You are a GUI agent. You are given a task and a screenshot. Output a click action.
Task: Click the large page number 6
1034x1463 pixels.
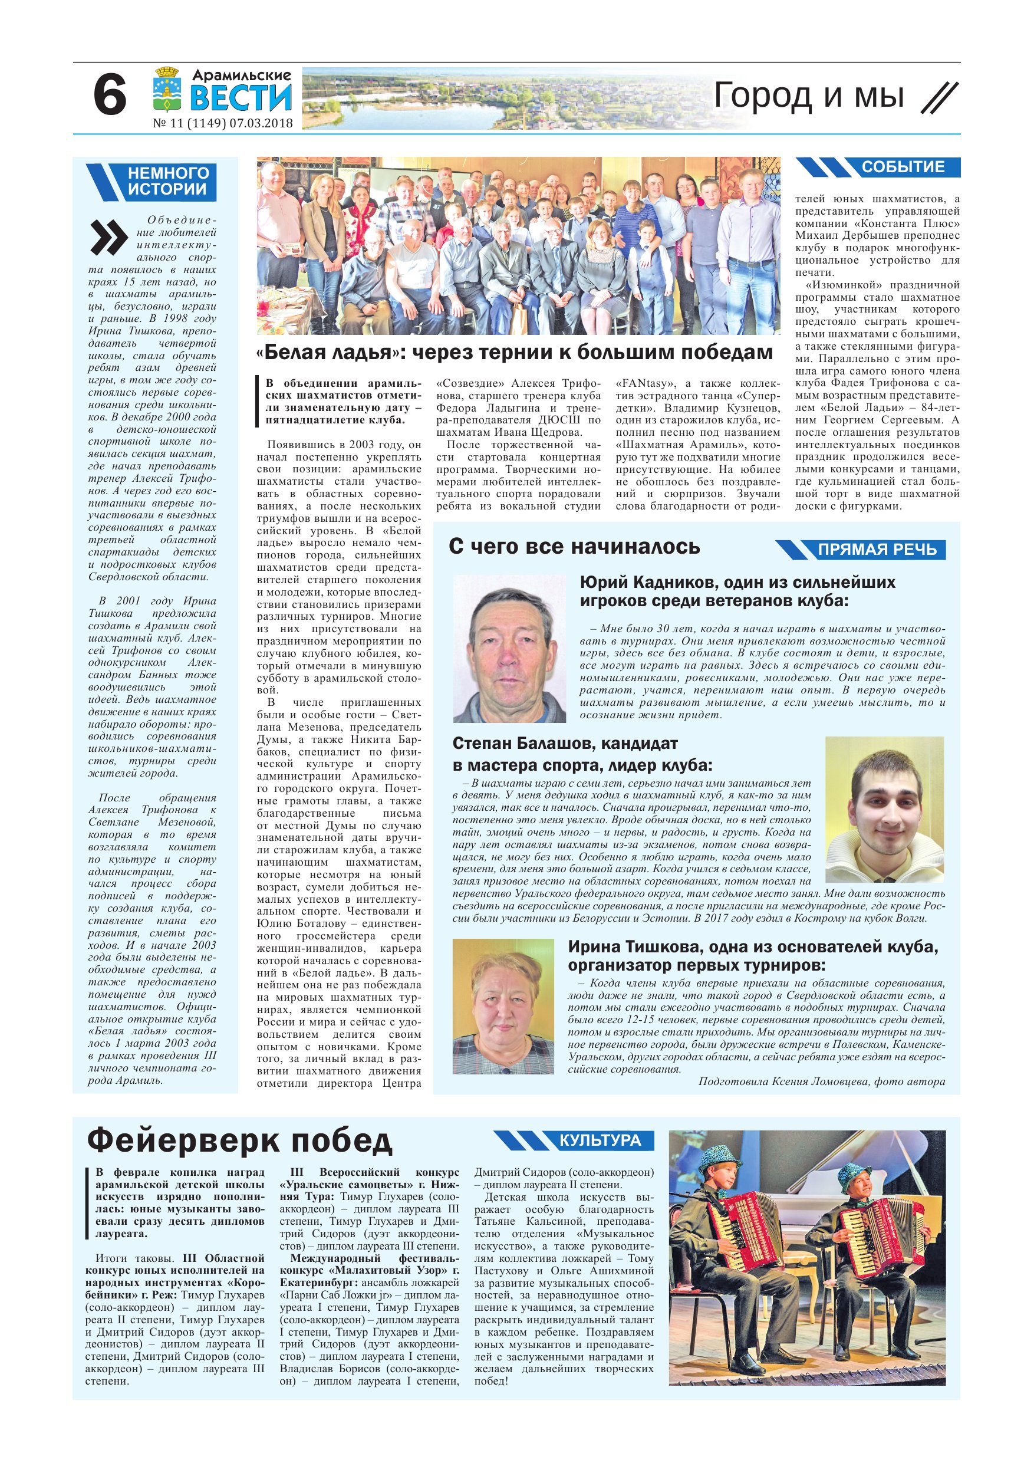pos(110,96)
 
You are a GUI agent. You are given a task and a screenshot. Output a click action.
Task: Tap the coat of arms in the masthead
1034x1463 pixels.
pos(167,89)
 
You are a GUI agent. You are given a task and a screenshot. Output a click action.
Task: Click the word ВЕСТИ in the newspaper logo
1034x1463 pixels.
pos(241,97)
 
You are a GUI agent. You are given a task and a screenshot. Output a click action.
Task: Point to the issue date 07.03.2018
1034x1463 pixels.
pos(261,123)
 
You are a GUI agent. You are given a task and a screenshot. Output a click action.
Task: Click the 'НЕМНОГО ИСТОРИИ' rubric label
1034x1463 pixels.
pos(168,181)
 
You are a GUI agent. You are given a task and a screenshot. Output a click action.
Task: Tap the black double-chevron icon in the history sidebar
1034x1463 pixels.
pos(109,238)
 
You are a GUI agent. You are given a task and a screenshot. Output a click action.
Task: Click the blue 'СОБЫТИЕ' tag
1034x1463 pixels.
pos(903,167)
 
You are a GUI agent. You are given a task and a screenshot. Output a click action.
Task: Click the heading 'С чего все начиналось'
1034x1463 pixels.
pos(574,547)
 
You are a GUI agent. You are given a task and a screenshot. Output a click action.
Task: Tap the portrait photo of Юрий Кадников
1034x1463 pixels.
pos(509,649)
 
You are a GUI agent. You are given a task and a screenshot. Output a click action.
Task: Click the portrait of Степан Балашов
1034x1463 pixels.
pos(884,809)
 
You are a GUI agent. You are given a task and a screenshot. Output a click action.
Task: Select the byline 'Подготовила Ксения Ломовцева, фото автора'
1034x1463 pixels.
pos(821,1081)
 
